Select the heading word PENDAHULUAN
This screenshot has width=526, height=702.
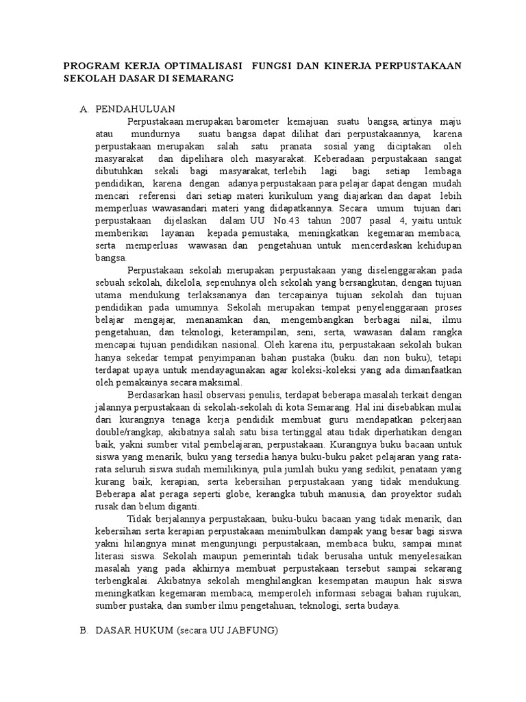[136, 109]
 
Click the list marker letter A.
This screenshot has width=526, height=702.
[84, 109]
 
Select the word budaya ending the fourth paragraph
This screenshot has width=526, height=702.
[383, 606]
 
